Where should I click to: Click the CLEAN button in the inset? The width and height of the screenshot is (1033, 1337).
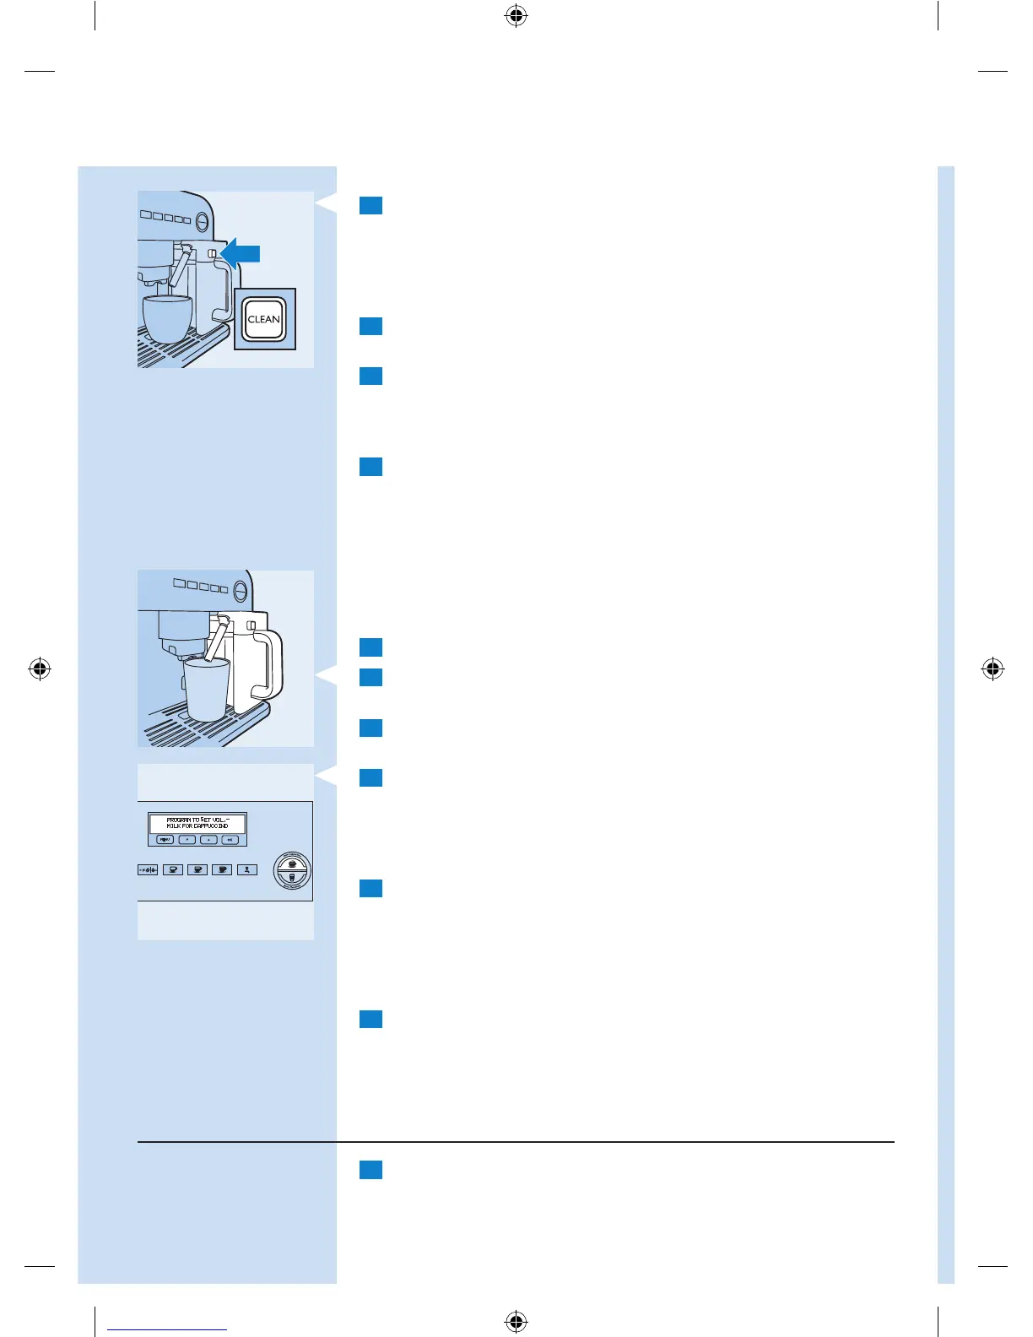click(264, 319)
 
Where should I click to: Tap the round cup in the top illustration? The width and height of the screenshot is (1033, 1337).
click(167, 318)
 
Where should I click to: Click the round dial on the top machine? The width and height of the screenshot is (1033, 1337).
click(203, 222)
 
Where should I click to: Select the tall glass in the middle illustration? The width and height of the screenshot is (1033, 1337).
click(207, 689)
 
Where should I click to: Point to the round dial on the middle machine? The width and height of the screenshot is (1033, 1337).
click(241, 588)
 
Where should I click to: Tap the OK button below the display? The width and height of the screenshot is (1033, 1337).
click(230, 840)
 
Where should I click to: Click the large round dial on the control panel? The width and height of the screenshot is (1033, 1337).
click(292, 870)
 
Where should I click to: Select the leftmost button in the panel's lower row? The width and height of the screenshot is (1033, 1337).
click(148, 869)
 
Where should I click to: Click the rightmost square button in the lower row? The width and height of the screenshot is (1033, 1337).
click(246, 869)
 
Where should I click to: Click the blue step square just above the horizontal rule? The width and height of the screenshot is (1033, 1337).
click(370, 1019)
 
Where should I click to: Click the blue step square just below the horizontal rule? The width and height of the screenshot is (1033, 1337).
click(370, 1169)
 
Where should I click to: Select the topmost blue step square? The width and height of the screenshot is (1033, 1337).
click(370, 205)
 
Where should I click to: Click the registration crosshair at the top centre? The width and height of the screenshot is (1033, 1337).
click(516, 15)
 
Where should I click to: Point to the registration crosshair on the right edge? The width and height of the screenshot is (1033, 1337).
click(993, 669)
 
